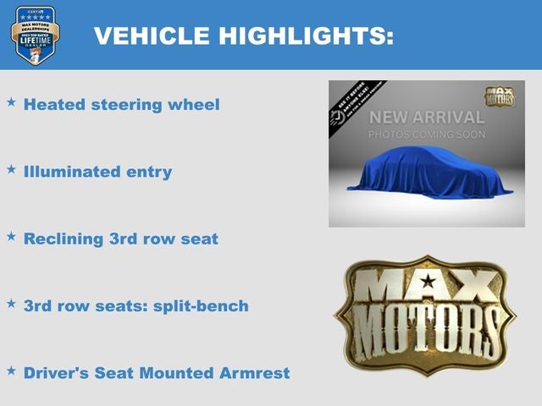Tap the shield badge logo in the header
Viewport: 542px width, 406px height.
(35, 35)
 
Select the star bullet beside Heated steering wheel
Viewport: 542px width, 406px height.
(12, 102)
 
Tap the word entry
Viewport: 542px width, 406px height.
(148, 173)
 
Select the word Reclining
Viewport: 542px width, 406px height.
(64, 239)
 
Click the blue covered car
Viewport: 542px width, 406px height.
(429, 173)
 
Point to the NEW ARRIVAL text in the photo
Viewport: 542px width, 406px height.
(426, 118)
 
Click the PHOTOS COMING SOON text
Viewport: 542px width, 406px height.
(426, 134)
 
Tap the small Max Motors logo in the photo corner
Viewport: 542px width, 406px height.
(499, 96)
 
